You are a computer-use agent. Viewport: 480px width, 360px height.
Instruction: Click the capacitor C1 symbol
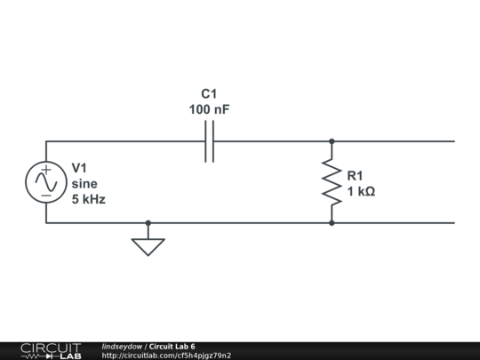(210, 141)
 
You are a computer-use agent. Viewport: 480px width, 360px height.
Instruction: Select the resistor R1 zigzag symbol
(332, 182)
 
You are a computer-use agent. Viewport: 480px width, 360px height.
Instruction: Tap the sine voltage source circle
(46, 182)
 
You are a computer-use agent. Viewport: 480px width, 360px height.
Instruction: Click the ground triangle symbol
(148, 245)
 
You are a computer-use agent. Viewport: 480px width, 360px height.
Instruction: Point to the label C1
(210, 93)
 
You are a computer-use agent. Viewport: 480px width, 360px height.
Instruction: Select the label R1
(356, 175)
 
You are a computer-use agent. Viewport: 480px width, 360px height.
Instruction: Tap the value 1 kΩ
(361, 191)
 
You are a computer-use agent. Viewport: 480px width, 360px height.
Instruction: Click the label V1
(80, 167)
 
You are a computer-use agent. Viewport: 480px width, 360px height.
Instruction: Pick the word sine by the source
(84, 183)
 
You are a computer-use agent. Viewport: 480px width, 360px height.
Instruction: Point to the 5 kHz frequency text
(89, 199)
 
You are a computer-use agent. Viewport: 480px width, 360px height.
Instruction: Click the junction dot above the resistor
(332, 141)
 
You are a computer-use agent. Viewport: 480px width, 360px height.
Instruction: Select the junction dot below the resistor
(332, 223)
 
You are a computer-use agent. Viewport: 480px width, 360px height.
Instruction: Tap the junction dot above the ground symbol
(148, 223)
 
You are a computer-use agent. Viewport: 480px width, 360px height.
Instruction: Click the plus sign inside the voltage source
(46, 169)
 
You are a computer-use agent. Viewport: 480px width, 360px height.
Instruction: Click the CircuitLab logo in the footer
(50, 350)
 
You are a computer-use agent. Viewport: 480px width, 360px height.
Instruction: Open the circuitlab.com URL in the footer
(166, 356)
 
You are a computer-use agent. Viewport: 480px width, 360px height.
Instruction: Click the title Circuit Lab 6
(172, 347)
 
